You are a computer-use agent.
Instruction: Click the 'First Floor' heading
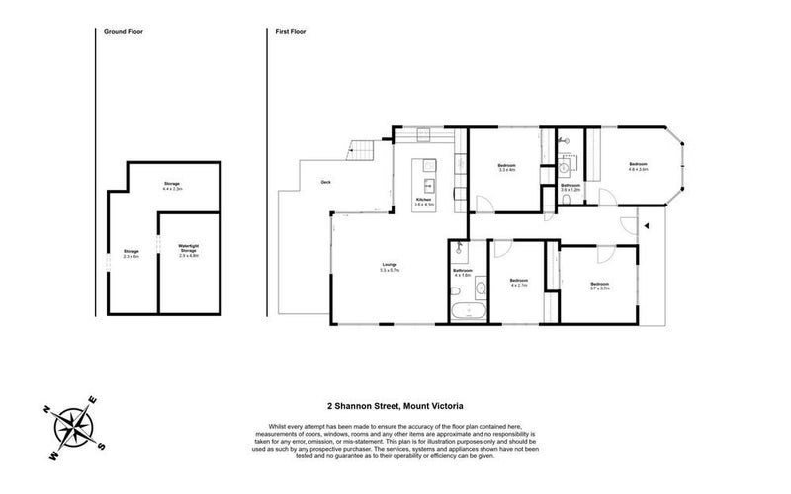290,33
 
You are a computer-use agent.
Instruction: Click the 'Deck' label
325,183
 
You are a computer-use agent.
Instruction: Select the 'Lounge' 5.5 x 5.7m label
390,267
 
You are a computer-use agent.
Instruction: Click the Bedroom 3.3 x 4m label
506,168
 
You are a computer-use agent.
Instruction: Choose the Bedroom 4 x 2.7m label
519,283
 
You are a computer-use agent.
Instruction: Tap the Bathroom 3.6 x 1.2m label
571,188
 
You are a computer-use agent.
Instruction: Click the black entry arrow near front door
645,226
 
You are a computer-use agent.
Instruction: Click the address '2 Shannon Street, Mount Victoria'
395,404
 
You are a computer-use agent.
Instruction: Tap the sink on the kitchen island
429,184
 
